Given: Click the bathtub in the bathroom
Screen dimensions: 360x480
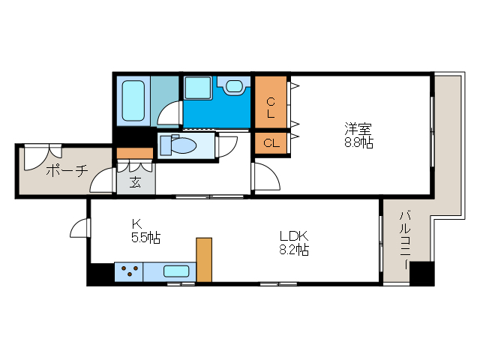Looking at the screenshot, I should [x=133, y=100].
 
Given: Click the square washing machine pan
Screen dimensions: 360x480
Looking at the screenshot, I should [x=198, y=87].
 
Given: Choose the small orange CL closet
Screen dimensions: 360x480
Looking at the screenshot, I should [x=270, y=142].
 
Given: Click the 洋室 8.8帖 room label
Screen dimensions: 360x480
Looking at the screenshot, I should [x=358, y=134].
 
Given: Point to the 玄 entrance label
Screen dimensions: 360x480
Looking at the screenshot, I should [x=135, y=181].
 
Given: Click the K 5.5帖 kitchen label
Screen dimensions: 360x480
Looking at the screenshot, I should [x=142, y=231].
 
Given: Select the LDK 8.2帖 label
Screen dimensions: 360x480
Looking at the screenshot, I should [x=292, y=242].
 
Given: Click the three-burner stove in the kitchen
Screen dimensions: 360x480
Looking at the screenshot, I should [x=128, y=271].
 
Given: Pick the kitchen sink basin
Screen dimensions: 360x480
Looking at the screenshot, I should [x=177, y=271].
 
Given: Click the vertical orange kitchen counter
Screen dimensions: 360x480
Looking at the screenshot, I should [x=204, y=259].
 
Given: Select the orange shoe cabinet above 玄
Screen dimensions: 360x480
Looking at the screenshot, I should [x=135, y=153].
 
